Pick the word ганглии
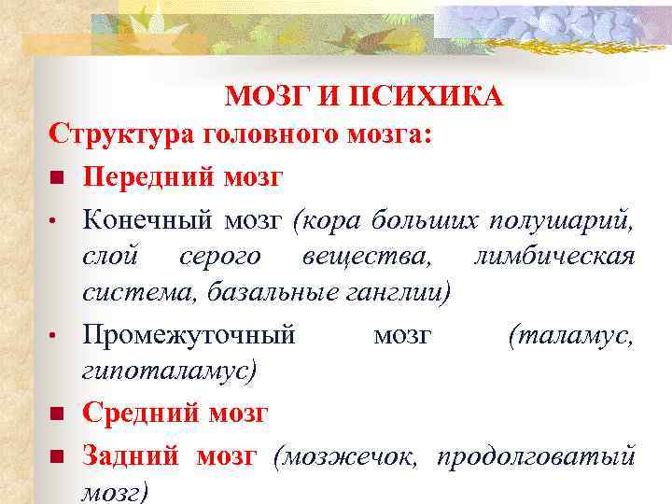pos(404,293)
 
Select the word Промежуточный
pos(189,333)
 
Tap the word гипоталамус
pos(167,371)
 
